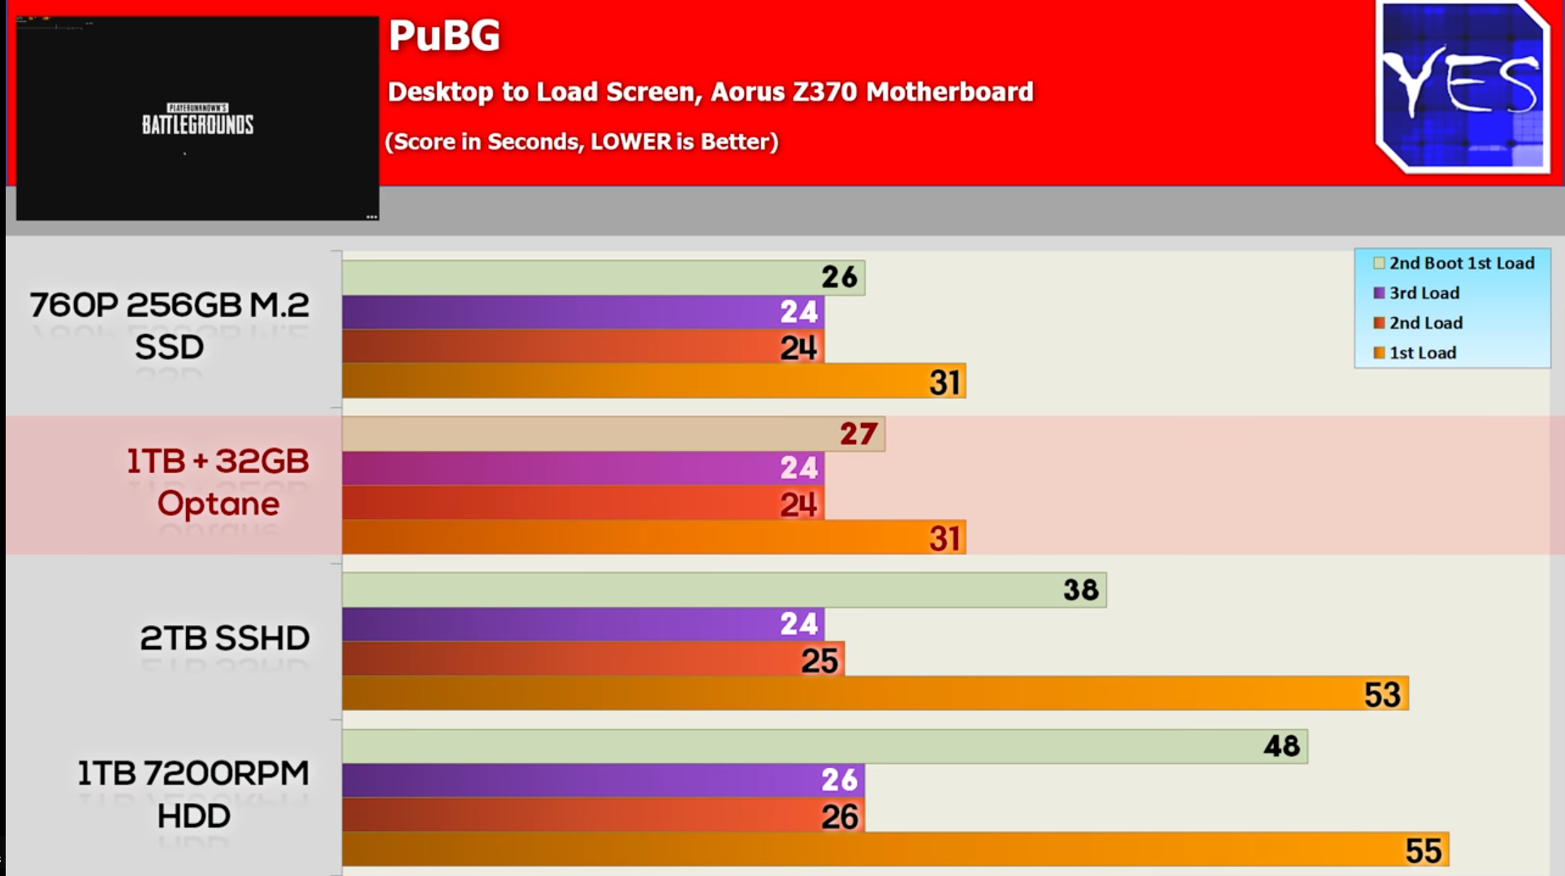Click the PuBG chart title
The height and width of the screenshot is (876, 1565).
click(443, 36)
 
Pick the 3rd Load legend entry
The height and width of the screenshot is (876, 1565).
click(1423, 293)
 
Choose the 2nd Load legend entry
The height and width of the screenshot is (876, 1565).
click(1424, 323)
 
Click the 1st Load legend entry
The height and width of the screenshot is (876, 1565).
click(1421, 353)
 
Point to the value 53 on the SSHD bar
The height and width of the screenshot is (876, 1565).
click(1381, 695)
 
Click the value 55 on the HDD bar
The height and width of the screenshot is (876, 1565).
click(1423, 851)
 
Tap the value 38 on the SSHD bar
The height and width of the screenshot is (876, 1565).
click(1080, 590)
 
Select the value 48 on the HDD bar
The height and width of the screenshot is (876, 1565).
click(1282, 746)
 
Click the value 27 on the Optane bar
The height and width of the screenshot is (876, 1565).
click(858, 434)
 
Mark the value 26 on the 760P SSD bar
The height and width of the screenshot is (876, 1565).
click(839, 277)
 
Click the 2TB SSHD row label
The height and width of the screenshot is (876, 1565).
click(224, 639)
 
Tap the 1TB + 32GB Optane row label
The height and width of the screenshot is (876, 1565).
click(218, 483)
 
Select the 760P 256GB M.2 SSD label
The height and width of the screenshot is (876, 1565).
click(169, 326)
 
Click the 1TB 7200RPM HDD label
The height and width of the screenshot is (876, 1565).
click(193, 794)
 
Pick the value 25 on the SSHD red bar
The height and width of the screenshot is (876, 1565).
click(819, 661)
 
